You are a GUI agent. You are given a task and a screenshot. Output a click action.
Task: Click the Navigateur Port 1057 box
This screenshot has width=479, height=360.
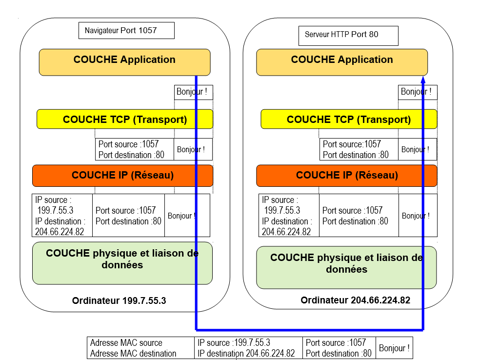point(126,30)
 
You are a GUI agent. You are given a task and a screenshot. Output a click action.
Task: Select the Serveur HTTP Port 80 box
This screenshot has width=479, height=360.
point(348,35)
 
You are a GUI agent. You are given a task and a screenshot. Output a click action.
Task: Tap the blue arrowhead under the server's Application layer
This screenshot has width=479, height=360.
point(423,80)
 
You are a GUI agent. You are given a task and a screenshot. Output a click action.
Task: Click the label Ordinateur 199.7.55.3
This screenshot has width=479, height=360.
point(119,301)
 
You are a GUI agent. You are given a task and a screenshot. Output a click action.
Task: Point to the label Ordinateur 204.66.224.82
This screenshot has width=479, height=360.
point(356,300)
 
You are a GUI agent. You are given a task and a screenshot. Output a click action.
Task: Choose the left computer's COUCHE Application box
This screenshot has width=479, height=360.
point(124,62)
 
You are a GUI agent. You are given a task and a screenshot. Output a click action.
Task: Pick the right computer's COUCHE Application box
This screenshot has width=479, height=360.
point(341,62)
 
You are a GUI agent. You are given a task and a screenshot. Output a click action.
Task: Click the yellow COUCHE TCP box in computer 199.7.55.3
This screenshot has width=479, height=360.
point(124,119)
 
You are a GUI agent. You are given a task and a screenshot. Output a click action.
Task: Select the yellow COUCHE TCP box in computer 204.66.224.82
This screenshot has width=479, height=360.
point(348,119)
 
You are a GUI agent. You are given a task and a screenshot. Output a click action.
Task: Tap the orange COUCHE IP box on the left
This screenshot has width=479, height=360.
point(122,176)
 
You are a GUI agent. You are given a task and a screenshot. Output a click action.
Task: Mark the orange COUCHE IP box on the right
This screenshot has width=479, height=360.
point(346,176)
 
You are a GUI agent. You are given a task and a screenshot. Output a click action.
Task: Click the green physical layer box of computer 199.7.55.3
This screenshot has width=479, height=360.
point(122,263)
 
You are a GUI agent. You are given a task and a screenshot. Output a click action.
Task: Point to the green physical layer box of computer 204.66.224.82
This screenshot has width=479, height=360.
point(346,267)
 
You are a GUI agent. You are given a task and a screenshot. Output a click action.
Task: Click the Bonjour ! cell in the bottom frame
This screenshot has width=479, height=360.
point(394,348)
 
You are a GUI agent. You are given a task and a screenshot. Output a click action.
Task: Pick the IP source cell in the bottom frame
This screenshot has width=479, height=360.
point(248,348)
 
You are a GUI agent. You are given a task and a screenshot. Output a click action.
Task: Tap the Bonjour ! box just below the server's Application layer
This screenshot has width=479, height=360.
point(417,92)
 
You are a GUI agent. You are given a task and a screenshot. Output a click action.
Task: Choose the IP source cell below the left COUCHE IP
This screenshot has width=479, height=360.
point(62,215)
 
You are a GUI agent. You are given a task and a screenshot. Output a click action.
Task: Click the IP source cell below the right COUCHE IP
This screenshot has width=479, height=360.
point(289,215)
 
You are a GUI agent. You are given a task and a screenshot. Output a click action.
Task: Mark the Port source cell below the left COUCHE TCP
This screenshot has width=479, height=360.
point(134,149)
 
